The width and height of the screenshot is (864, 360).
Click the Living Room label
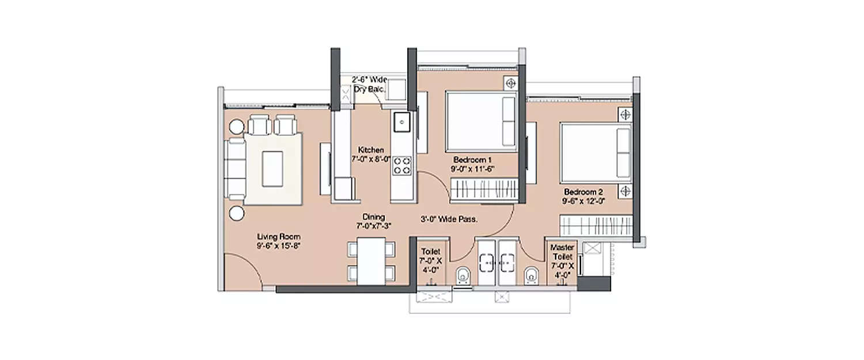click(x=279, y=237)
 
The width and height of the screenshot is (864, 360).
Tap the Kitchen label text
click(x=370, y=150)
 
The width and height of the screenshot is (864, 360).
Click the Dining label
click(x=373, y=217)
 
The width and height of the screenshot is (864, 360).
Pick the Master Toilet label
click(x=563, y=252)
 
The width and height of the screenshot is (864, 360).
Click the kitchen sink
click(x=401, y=122)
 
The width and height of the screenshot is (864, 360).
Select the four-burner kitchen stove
click(x=401, y=165)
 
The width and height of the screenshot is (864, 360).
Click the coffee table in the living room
click(x=272, y=168)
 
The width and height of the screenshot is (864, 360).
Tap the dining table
click(x=372, y=261)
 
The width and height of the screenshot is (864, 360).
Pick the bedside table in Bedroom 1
click(x=510, y=83)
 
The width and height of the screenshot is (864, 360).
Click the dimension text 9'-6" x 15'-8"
click(x=279, y=246)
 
